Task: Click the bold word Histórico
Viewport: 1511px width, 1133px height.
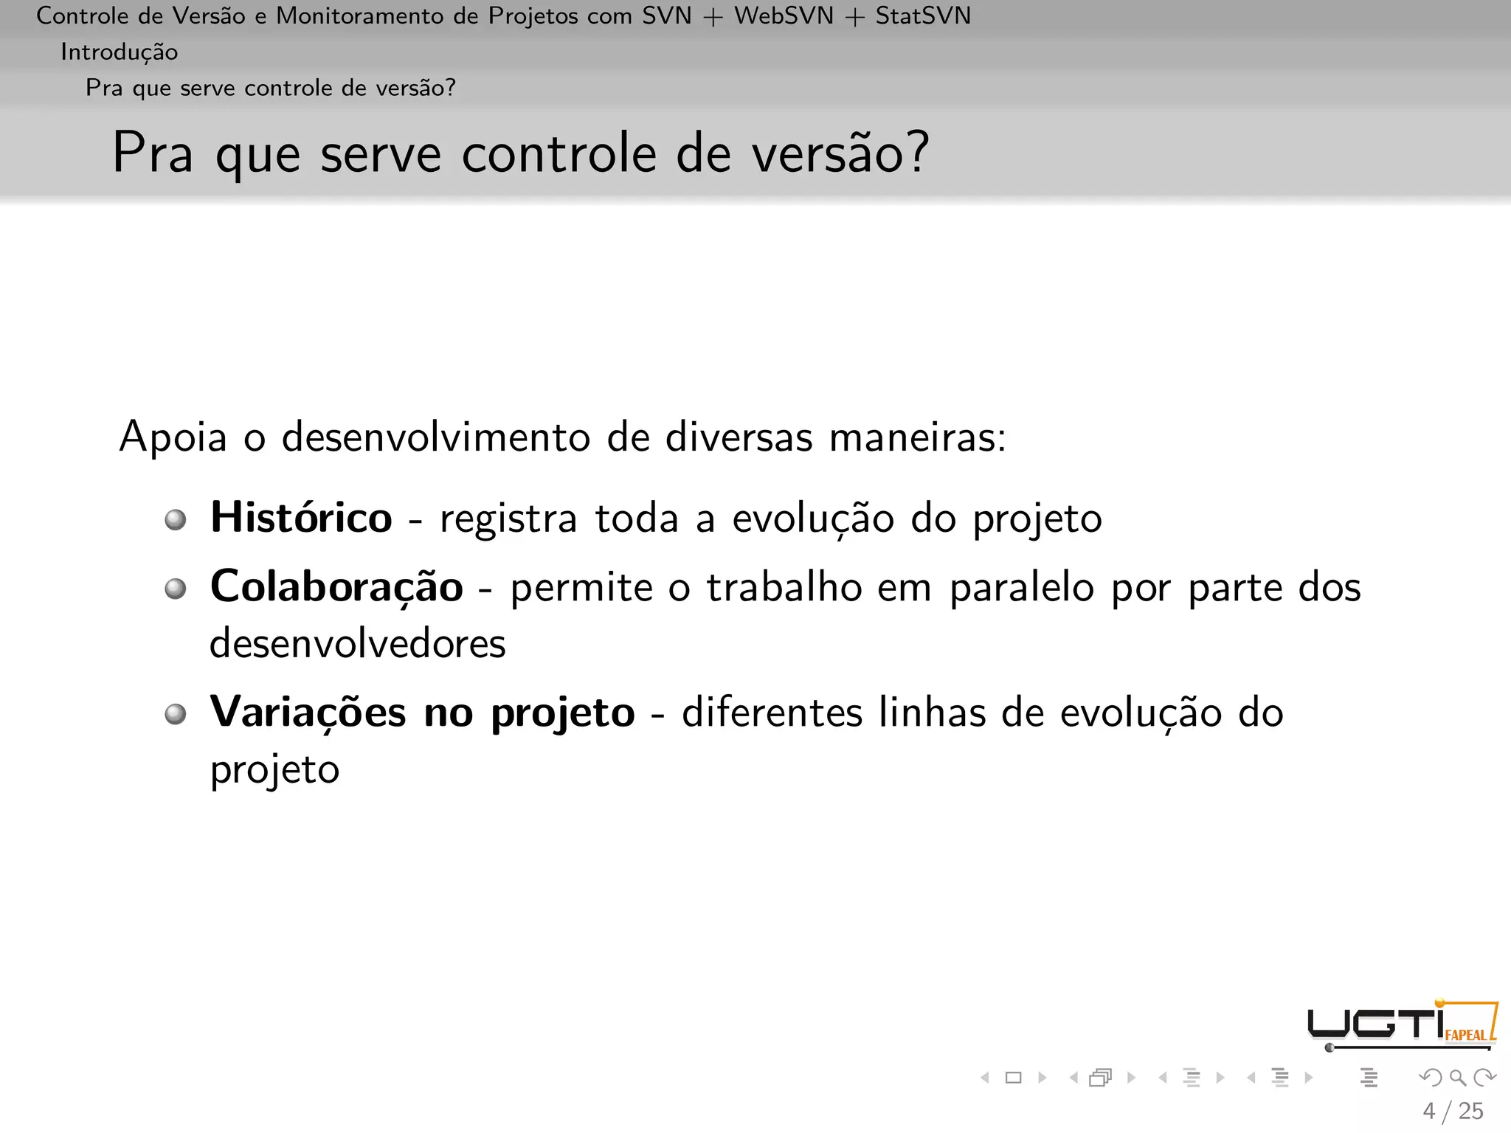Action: pyautogui.click(x=301, y=517)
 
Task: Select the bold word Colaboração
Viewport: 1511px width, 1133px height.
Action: pyautogui.click(x=336, y=587)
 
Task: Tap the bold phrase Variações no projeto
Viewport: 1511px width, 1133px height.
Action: pyautogui.click(x=422, y=713)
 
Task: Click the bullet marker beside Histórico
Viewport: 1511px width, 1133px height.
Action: pyautogui.click(x=176, y=520)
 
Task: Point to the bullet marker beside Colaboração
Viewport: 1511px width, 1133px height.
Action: pyautogui.click(x=176, y=589)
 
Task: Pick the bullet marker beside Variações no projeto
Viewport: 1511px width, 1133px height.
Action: pyautogui.click(x=176, y=714)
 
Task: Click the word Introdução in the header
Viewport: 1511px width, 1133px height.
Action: pyautogui.click(x=119, y=52)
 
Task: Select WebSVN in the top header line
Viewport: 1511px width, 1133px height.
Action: pyautogui.click(x=784, y=15)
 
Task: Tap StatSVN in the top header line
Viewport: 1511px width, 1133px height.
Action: pyautogui.click(x=923, y=15)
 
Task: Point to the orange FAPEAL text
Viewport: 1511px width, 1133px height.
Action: pyautogui.click(x=1465, y=1035)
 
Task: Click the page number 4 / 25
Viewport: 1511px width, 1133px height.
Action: pyautogui.click(x=1453, y=1111)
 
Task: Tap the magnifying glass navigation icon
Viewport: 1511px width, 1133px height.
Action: pyautogui.click(x=1457, y=1078)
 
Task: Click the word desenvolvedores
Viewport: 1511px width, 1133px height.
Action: pyautogui.click(x=358, y=643)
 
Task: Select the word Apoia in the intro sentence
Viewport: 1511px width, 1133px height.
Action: pyautogui.click(x=173, y=437)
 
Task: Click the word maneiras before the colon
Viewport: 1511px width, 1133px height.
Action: pyautogui.click(x=912, y=437)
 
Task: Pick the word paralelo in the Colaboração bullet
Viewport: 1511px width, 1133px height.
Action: pyautogui.click(x=1022, y=589)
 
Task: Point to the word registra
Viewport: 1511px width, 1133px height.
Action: pyautogui.click(x=508, y=519)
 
